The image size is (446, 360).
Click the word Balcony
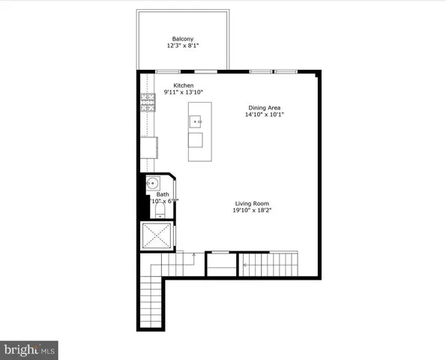point(184,39)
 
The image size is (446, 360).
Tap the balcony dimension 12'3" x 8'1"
point(184,46)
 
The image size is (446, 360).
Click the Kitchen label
point(184,85)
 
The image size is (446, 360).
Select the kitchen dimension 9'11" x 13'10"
point(184,93)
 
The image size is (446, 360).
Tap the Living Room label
point(252,204)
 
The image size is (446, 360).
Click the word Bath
point(163,194)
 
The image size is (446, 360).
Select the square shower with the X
point(157,236)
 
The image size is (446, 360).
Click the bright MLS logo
point(29,349)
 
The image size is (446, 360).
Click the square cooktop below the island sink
point(195,140)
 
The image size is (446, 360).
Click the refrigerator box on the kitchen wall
point(151,148)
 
